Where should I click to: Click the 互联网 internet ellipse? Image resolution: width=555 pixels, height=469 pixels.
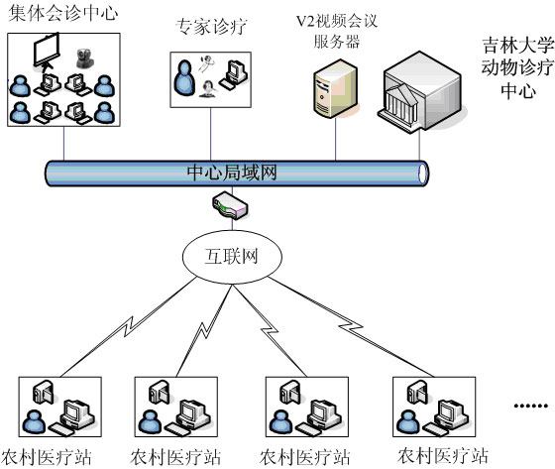point(232,257)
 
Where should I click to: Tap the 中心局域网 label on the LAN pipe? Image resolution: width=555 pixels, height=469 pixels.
point(232,173)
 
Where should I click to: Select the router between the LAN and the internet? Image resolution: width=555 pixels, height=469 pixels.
point(230,205)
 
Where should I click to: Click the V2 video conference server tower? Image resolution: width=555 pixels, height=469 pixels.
point(336,88)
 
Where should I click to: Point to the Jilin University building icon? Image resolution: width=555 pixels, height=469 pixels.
point(420,92)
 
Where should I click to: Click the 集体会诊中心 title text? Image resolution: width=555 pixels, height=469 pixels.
point(63,13)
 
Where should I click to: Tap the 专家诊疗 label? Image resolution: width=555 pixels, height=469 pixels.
point(211,27)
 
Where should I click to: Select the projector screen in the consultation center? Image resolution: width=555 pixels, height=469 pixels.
point(47,53)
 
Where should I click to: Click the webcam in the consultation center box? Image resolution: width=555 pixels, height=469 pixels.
point(85,58)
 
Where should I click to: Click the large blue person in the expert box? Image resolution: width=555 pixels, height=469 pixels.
point(184,78)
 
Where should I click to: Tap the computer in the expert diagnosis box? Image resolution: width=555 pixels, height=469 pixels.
point(234,74)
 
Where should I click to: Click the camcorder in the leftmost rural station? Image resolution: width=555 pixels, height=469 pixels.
point(44,392)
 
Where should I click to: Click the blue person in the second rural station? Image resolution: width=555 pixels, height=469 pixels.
point(150,422)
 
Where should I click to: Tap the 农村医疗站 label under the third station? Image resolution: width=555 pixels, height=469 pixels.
point(305,457)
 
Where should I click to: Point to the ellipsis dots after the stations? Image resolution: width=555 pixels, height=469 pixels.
point(531,406)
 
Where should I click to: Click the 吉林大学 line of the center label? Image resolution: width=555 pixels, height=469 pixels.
point(517,46)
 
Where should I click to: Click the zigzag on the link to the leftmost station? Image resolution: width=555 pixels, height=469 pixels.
point(129,326)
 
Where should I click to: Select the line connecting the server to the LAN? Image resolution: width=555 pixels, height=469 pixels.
point(336,139)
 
